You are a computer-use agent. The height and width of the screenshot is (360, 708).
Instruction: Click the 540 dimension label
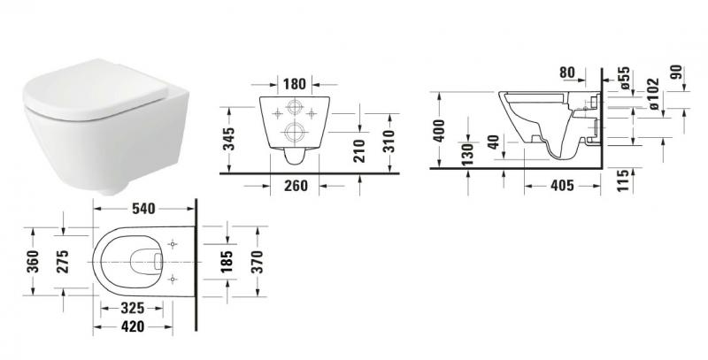point(143,209)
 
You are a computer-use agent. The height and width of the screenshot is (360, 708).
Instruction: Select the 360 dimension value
point(34,263)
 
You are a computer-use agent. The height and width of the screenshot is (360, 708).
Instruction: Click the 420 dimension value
point(133,327)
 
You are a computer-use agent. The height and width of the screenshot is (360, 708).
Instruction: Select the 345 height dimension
point(230,139)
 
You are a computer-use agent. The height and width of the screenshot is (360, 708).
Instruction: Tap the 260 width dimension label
point(295,185)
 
